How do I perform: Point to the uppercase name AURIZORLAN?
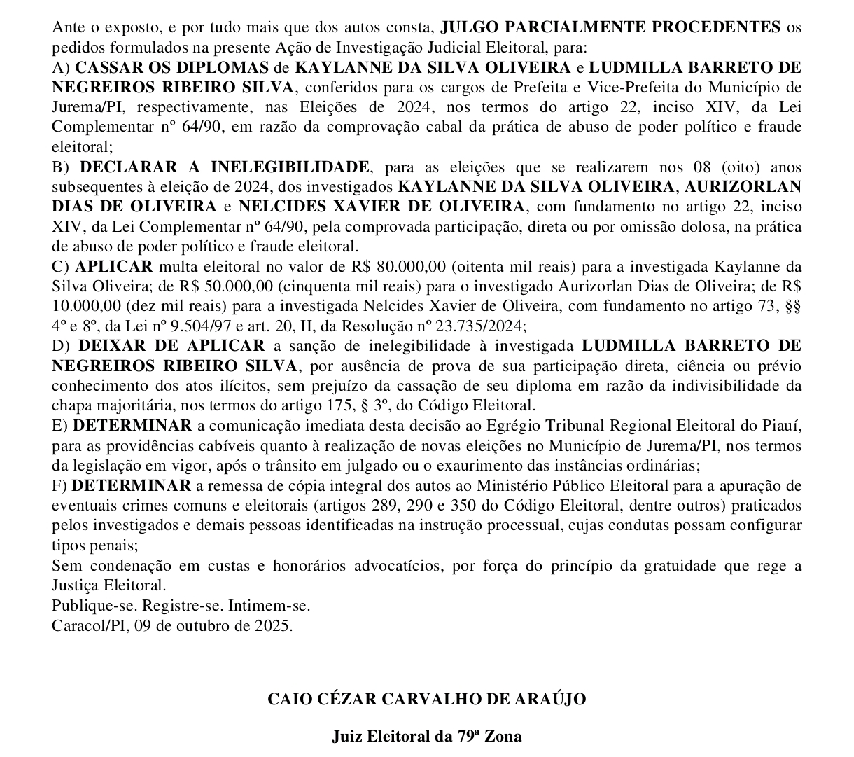[742, 187]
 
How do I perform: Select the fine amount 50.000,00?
[217, 286]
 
